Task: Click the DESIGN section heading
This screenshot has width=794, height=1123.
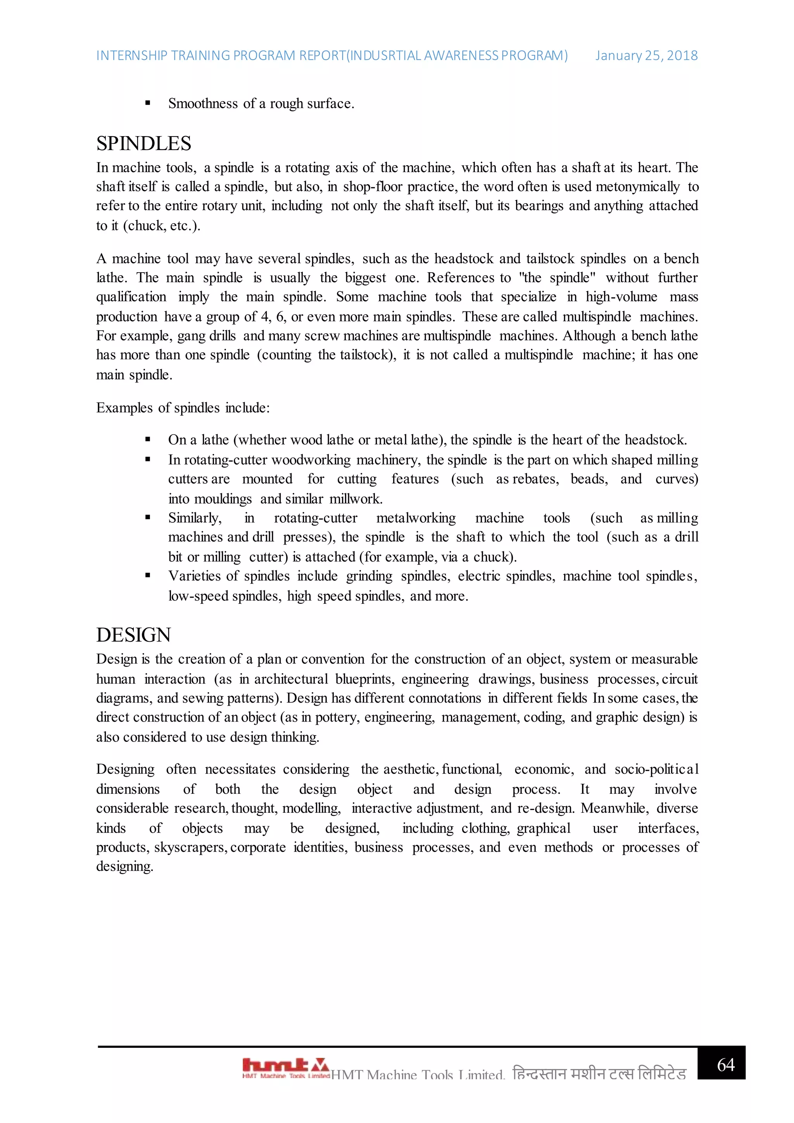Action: tap(133, 635)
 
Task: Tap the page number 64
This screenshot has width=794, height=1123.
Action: tap(725, 1065)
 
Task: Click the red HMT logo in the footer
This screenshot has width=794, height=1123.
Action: tap(285, 1067)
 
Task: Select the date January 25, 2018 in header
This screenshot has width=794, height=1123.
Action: tap(646, 56)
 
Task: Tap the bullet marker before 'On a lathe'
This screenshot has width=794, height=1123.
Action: tap(148, 440)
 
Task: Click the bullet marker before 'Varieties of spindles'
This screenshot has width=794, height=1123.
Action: tap(148, 576)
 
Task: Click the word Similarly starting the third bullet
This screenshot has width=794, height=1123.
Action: tap(195, 518)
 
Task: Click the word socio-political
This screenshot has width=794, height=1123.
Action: tap(656, 769)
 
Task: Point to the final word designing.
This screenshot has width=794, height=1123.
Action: tap(125, 866)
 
